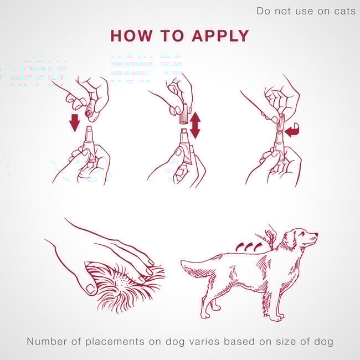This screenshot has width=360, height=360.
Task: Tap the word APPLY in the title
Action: pyautogui.click(x=220, y=35)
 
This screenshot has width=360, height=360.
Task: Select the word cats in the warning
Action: pyautogui.click(x=344, y=11)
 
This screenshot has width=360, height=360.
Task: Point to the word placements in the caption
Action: pyautogui.click(x=115, y=342)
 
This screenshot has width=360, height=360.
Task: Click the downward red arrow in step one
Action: pyautogui.click(x=75, y=123)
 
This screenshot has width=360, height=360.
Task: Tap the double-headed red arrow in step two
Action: pyautogui.click(x=195, y=125)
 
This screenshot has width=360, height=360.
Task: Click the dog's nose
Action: pyautogui.click(x=317, y=234)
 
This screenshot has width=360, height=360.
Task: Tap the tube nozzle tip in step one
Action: pyautogui.click(x=89, y=128)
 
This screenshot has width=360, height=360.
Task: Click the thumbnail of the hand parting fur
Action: pyautogui.click(x=90, y=289)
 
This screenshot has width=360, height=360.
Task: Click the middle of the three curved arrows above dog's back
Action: pyautogui.click(x=249, y=246)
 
